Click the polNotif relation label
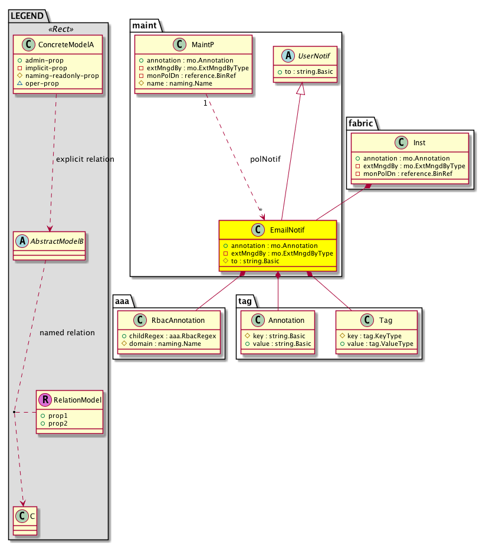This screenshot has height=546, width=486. coord(265,159)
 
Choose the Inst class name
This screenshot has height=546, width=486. coord(420,143)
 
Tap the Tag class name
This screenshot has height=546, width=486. coord(386,320)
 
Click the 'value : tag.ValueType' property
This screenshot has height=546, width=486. coord(380,344)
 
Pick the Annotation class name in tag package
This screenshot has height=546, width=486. coord(286,320)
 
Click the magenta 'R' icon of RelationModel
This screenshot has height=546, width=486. coord(45,400)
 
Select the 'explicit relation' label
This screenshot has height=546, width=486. coord(85,159)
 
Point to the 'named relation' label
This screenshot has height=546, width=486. coord(67,332)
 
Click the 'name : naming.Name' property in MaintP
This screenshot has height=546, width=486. coord(175,83)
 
